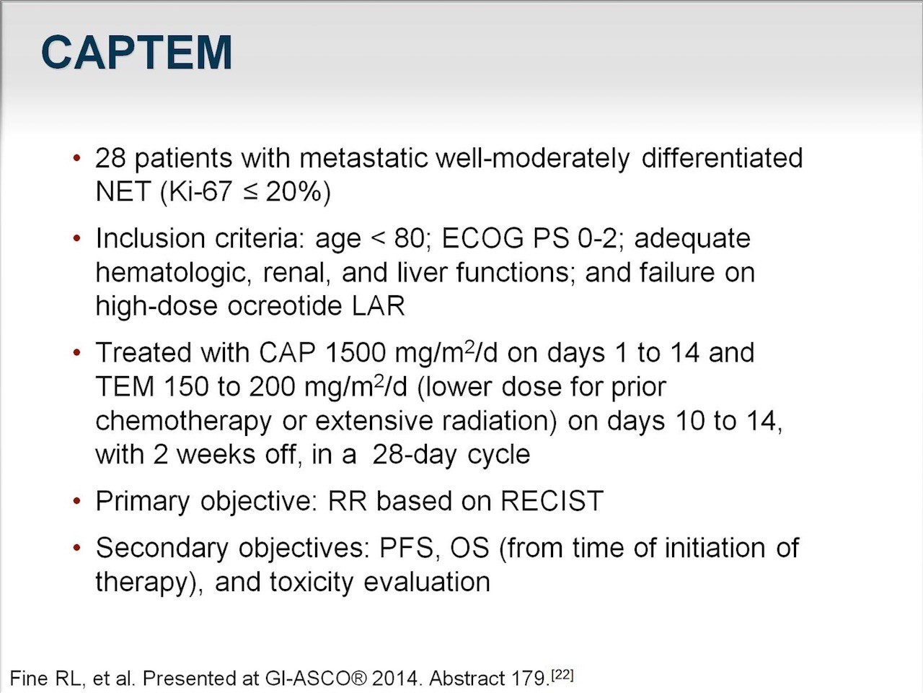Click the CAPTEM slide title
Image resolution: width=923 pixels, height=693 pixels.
(137, 53)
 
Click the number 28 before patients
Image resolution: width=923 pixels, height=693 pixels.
(110, 158)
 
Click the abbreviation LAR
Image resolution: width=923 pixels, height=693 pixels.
(378, 306)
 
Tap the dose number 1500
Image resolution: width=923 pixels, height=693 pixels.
(355, 352)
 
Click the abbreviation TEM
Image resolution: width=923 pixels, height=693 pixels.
(125, 387)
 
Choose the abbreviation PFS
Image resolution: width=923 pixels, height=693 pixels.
(407, 548)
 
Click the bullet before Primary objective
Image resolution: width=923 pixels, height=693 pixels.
(76, 501)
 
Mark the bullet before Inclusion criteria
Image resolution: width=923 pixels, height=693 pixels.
(76, 239)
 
